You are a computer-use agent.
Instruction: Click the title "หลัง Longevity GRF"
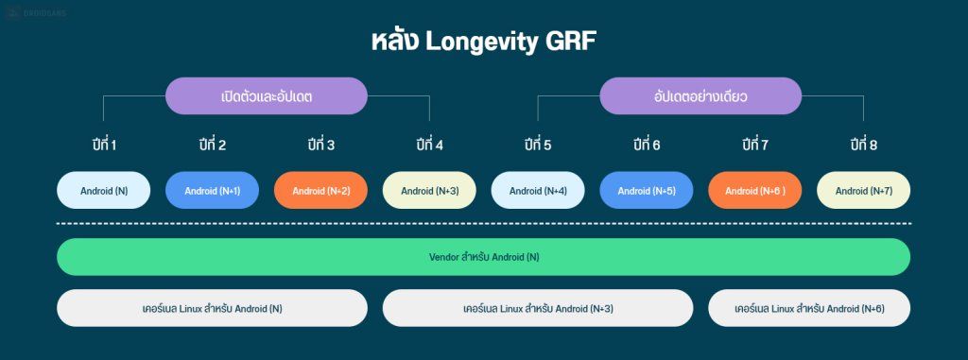pyautogui.click(x=483, y=42)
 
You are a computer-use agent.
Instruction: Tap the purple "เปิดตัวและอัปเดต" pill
pyautogui.click(x=267, y=96)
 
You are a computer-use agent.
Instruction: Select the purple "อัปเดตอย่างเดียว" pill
pyautogui.click(x=700, y=96)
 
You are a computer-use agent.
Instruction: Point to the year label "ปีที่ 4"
pyautogui.click(x=429, y=145)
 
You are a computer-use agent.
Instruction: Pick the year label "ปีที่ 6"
pyautogui.click(x=647, y=145)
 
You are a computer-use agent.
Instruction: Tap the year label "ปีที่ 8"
pyautogui.click(x=864, y=145)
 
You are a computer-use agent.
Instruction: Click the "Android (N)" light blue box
pyautogui.click(x=104, y=190)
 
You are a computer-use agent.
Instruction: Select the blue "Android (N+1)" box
pyautogui.click(x=213, y=190)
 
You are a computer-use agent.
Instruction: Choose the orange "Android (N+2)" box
pyautogui.click(x=321, y=190)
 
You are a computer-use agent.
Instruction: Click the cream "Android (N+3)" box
pyautogui.click(x=429, y=190)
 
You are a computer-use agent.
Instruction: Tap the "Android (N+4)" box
pyautogui.click(x=538, y=190)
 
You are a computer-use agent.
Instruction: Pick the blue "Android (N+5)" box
pyautogui.click(x=647, y=190)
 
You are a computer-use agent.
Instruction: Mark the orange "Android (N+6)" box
pyautogui.click(x=755, y=190)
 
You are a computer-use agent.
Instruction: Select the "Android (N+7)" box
pyautogui.click(x=864, y=190)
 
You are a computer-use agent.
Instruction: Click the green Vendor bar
pyautogui.click(x=483, y=256)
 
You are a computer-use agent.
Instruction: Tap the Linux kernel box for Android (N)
pyautogui.click(x=212, y=308)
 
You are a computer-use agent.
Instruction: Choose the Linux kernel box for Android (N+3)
pyautogui.click(x=538, y=308)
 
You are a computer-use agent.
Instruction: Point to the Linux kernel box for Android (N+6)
pyautogui.click(x=809, y=308)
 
